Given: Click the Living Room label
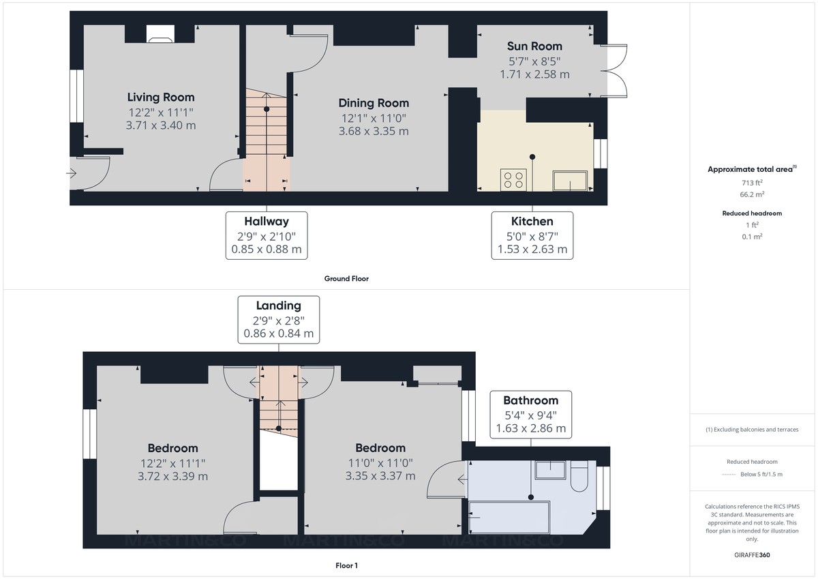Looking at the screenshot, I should tap(161, 98).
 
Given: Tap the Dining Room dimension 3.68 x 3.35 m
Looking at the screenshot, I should tap(374, 131).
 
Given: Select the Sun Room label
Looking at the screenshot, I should tap(534, 46).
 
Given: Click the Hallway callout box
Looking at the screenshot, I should tap(267, 235).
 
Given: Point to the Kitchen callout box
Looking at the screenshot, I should tap(532, 235).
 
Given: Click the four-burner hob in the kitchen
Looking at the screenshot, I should tap(513, 179).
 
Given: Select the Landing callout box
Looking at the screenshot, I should tap(278, 319).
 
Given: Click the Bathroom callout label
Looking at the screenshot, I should tap(530, 400).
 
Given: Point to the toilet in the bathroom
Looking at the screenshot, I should tap(579, 475).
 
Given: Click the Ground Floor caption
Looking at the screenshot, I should tap(347, 278).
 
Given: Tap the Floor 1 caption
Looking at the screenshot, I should tap(346, 565).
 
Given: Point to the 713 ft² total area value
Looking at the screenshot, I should tap(753, 183).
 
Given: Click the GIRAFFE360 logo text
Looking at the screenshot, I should tap(753, 555).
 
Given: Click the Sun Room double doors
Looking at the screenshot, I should tap(616, 72).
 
